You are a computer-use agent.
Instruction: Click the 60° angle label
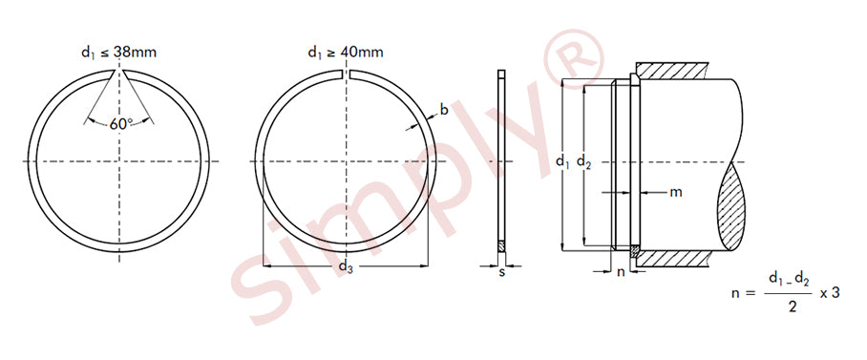tap(120, 124)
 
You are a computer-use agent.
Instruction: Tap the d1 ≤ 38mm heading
tap(119, 53)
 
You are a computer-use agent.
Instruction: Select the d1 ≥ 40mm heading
tap(346, 53)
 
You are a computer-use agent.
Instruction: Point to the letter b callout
tap(443, 111)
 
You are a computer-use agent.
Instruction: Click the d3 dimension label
tap(346, 267)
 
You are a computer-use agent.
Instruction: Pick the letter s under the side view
tap(501, 272)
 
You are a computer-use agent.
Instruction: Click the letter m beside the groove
tap(676, 193)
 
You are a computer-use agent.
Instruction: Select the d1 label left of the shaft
tap(562, 162)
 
